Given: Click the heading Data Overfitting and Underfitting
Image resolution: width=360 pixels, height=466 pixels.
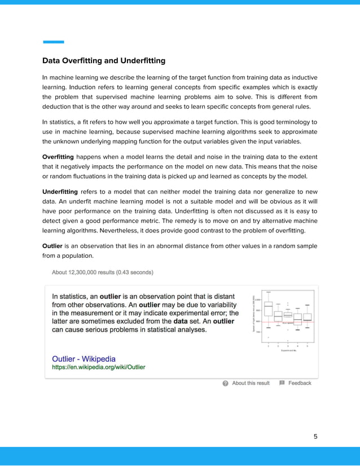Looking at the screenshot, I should tap(104, 60).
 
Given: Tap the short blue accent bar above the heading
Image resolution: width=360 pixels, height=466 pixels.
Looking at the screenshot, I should tap(54, 42).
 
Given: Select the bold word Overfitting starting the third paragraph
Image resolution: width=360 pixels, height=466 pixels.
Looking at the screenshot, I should tap(58, 156).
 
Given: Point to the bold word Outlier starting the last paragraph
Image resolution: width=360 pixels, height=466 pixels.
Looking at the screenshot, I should tap(52, 246).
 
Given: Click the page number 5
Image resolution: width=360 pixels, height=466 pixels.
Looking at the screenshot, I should tap(315, 436).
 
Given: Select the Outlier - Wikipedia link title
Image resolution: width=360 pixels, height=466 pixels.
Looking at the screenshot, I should tap(84, 359).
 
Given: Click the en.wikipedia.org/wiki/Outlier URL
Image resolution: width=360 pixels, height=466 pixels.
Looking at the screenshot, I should tap(98, 367).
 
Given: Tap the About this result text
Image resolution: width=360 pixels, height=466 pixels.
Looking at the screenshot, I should tap(251, 383).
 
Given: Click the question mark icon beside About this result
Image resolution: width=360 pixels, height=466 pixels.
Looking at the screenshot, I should tap(226, 383).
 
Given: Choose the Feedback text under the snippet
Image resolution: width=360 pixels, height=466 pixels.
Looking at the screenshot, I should tap(300, 383).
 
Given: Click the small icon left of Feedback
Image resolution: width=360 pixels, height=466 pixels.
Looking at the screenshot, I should tap(282, 383).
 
